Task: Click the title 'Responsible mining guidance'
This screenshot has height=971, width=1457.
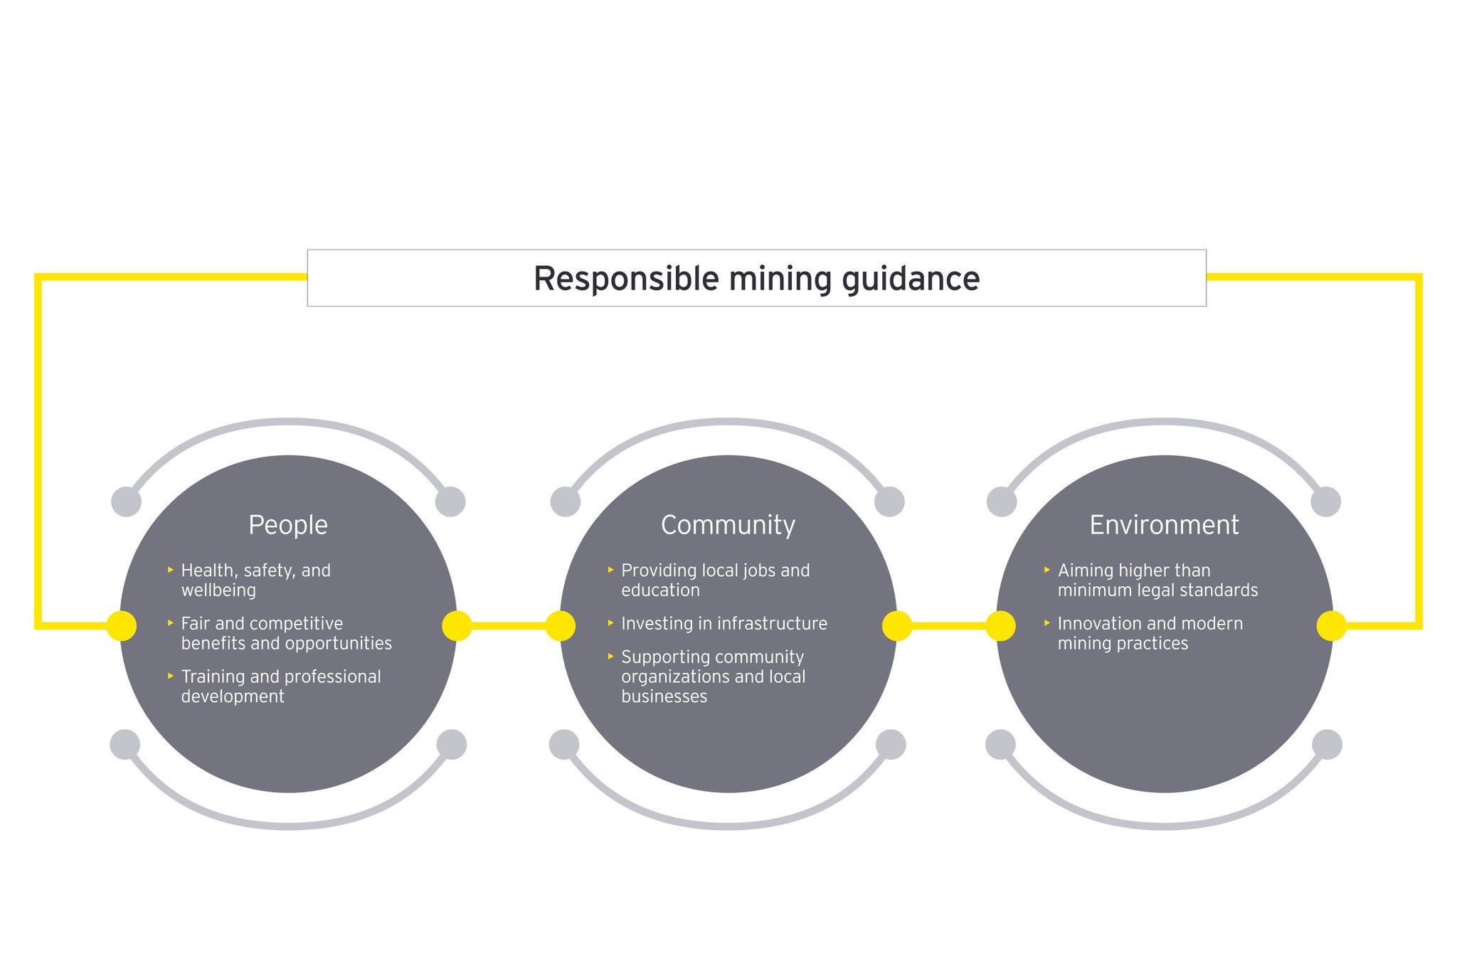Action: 756,278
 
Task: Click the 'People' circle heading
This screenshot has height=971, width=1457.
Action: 288,525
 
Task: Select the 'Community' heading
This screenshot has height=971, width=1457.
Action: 728,525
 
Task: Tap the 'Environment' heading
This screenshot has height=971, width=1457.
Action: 1164,525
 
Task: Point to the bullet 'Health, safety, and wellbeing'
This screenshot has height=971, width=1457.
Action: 255,580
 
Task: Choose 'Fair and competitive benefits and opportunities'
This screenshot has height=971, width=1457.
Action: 286,633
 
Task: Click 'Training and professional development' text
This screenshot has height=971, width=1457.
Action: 281,686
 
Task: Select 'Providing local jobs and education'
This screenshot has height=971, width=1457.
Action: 715,580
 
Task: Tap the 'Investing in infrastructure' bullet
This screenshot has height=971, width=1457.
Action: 724,624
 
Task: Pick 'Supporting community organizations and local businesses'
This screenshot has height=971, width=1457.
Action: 713,676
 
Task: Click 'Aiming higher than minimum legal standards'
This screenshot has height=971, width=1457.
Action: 1157,580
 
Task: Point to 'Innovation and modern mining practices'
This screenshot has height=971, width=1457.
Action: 1150,633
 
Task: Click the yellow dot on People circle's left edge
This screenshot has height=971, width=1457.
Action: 122,626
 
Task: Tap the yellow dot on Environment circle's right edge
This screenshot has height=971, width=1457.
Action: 1331,626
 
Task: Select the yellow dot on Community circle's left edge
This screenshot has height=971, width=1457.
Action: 561,626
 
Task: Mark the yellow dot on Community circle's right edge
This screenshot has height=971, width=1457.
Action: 896,626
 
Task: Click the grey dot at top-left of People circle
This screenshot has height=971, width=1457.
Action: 127,502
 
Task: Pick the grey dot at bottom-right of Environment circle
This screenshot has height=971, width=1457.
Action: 1327,745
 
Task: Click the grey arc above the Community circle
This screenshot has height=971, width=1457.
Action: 728,422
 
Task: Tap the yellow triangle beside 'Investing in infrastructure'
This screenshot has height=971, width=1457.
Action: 610,623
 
